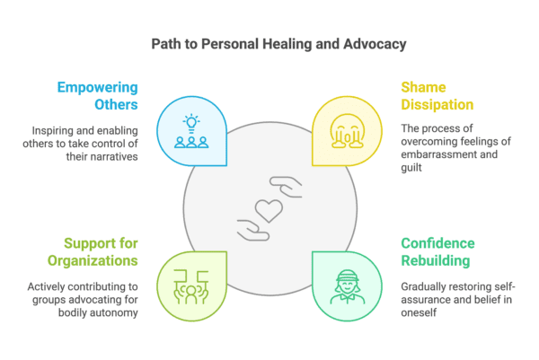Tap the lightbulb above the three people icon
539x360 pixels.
point(191,119)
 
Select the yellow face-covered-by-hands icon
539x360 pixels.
point(346,132)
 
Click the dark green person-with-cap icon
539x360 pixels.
point(346,285)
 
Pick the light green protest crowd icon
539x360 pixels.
point(191,285)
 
